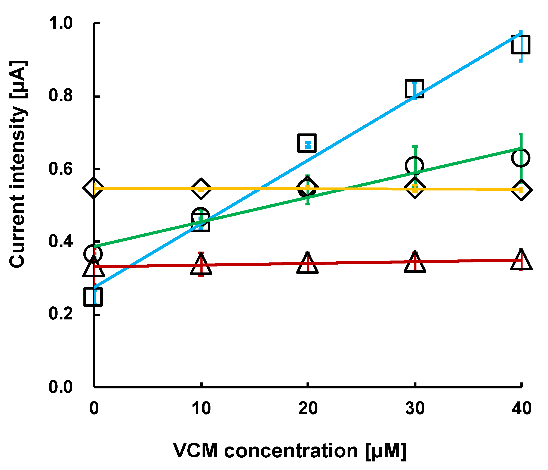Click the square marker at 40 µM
[520, 45]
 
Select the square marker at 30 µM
[414, 89]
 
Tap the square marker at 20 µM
[307, 143]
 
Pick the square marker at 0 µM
[93, 297]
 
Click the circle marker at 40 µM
[520, 158]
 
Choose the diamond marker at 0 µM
[93, 188]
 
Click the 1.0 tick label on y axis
[61, 23]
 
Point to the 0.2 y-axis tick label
[61, 314]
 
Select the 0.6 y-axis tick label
[61, 169]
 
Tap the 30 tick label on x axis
[415, 409]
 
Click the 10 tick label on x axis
[201, 409]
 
